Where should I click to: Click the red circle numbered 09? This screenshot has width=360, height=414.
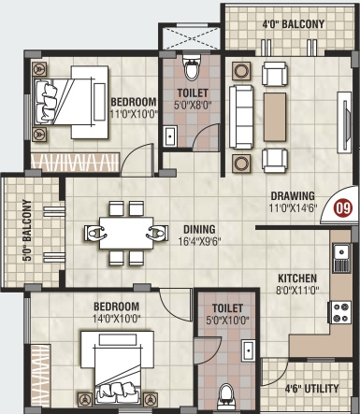[x=343, y=208]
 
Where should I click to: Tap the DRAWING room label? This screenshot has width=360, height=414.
[x=293, y=196]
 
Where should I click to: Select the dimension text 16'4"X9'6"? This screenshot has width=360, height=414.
[x=199, y=241]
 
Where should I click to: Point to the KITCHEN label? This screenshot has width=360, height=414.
[x=297, y=278]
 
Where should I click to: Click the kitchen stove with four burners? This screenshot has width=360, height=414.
[x=339, y=312]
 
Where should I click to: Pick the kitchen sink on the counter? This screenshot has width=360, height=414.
[x=342, y=258]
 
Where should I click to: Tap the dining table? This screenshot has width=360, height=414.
[x=126, y=233]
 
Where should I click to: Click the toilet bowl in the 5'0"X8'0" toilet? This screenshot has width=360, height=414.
[x=191, y=68]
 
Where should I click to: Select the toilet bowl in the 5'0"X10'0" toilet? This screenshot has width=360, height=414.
[x=227, y=396]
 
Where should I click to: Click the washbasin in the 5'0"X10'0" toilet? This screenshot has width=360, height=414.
[x=249, y=350]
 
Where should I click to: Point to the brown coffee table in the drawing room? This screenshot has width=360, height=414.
[x=275, y=117]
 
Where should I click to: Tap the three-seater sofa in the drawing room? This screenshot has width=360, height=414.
[x=241, y=117]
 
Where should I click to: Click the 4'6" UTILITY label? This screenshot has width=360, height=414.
[x=311, y=389]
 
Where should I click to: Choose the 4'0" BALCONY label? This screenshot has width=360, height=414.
[x=294, y=24]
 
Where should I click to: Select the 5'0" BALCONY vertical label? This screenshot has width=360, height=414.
[x=27, y=230]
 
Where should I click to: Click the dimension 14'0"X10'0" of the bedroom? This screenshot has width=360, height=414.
[x=117, y=319]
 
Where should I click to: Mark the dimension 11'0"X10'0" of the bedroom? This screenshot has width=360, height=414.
[x=134, y=114]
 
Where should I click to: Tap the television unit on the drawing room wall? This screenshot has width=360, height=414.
[x=344, y=122]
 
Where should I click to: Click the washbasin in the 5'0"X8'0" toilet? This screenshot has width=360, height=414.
[x=170, y=136]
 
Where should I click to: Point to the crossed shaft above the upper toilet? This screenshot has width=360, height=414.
[x=191, y=38]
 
